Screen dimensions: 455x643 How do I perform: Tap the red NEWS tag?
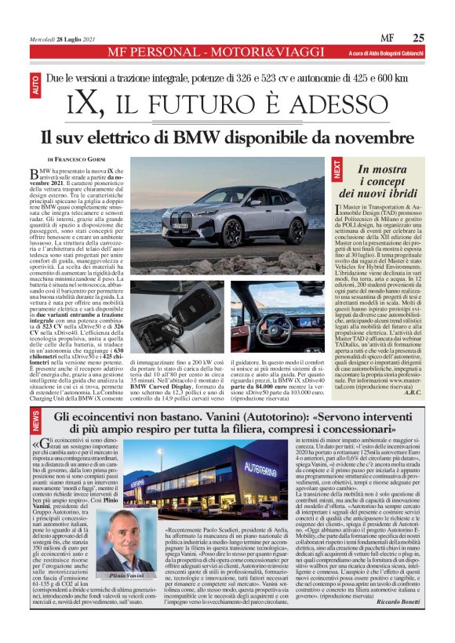point(35,423)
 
